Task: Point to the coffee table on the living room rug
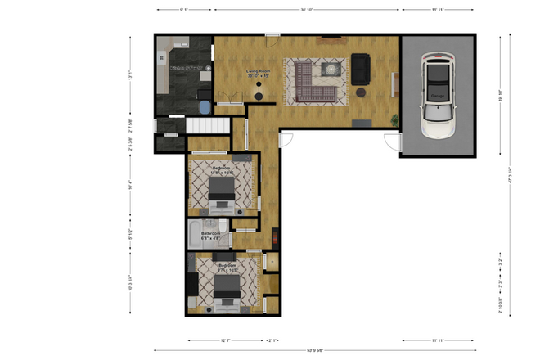click(331, 70)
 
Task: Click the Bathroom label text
click(212, 234)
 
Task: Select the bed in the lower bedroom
click(227, 286)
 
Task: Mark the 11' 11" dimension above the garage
click(439, 11)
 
